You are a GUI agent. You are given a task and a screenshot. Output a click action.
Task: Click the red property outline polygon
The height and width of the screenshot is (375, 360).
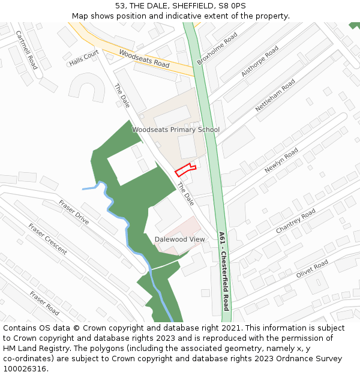(184, 170)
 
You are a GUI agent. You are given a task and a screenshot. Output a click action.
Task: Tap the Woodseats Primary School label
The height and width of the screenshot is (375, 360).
(176, 130)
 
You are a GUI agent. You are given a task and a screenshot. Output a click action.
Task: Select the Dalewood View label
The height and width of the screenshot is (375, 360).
(179, 239)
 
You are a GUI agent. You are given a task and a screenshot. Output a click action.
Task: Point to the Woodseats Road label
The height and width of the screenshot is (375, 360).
(144, 58)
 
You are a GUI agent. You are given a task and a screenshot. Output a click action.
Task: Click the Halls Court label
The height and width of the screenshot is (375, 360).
(83, 58)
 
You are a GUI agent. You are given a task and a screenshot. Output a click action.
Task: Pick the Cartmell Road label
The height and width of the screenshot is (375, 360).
(26, 50)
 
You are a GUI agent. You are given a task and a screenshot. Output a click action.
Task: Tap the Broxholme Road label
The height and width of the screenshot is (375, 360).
(217, 49)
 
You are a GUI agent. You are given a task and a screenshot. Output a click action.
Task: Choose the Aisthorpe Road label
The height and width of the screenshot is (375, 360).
(260, 61)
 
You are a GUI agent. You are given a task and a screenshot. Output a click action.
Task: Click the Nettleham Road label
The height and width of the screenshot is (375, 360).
(275, 95)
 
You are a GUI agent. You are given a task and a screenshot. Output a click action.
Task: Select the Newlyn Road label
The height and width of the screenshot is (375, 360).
(281, 160)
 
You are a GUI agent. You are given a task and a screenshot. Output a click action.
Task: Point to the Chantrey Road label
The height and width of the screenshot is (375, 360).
(295, 222)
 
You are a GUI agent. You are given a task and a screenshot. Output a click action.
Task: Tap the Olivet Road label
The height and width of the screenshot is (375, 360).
(312, 269)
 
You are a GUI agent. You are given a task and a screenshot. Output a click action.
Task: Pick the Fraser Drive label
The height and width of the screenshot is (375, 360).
(74, 212)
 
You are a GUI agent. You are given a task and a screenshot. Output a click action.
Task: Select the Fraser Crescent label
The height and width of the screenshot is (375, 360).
(47, 239)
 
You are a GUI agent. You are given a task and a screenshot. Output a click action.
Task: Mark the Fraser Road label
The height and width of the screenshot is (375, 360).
(44, 303)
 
